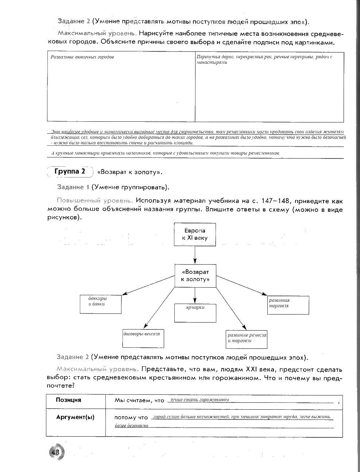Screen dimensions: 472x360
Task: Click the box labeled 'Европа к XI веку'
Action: pos(195,235)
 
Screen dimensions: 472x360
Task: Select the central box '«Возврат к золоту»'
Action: pos(195,276)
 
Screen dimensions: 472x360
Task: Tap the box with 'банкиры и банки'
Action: pos(101,304)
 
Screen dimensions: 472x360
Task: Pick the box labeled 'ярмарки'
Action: pos(195,313)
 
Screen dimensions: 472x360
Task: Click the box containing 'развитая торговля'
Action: pos(288,305)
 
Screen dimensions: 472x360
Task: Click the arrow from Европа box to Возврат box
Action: pos(195,255)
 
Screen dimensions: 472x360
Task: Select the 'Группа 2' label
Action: pos(70,171)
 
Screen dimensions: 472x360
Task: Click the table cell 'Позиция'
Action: pos(69,400)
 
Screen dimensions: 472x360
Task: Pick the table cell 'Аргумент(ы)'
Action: pos(75,417)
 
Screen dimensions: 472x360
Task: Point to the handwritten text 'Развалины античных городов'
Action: pos(82,57)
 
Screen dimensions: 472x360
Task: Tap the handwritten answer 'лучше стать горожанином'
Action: pos(198,400)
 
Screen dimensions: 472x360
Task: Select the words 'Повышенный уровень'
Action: pos(94,201)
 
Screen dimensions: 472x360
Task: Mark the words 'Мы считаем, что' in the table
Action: pos(139,401)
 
